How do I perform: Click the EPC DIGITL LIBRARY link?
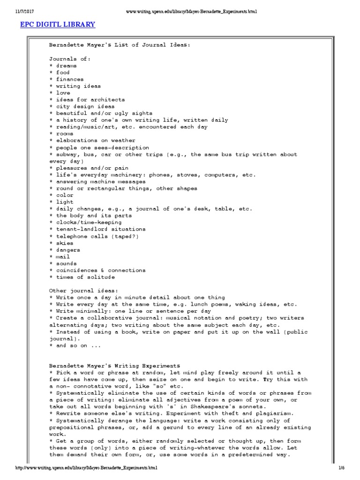point(58,24)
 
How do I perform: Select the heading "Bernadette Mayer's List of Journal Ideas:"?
point(120,45)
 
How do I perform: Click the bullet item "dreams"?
point(66,66)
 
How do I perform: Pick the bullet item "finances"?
point(70,79)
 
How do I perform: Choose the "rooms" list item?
point(65,134)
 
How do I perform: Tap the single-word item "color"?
point(65,195)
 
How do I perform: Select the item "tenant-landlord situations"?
point(100,229)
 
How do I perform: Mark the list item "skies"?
point(65,243)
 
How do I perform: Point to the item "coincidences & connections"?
point(100,270)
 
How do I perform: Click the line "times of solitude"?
point(85,277)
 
